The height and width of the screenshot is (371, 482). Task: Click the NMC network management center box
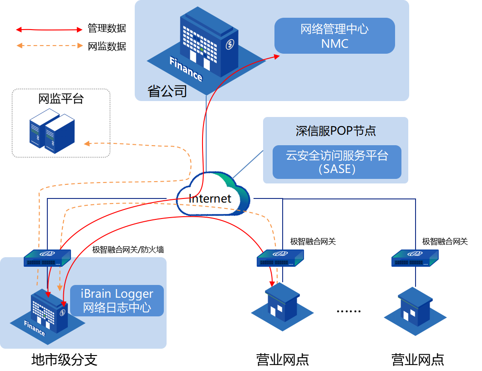[x=334, y=36]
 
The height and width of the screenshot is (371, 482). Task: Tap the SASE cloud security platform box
[x=337, y=162]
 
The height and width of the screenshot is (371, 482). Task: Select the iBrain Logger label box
[x=117, y=300]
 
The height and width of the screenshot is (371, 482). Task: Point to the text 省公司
[x=167, y=91]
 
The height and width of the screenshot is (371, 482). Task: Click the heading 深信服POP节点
[x=336, y=131]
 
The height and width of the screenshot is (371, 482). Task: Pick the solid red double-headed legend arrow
[x=49, y=30]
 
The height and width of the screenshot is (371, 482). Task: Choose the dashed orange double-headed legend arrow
[x=50, y=46]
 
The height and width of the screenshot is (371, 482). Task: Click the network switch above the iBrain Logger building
[x=47, y=258]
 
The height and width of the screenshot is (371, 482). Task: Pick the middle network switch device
[x=280, y=258]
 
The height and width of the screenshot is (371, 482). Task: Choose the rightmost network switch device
[x=415, y=258]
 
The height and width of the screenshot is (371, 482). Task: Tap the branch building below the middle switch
[x=283, y=304]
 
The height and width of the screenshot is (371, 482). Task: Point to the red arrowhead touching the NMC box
[x=277, y=56]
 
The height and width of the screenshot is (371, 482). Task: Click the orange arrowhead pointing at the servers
[x=87, y=144]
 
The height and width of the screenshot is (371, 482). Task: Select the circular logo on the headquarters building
[x=230, y=44]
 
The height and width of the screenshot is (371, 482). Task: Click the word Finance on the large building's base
[x=186, y=69]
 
